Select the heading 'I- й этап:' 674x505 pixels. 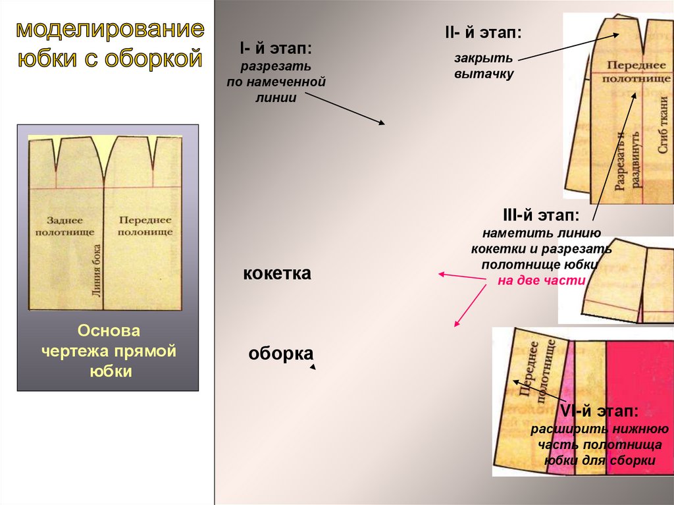tap(276, 48)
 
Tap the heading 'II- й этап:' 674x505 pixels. tap(484, 32)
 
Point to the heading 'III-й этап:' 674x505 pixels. tap(541, 215)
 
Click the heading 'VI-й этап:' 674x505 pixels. tap(599, 412)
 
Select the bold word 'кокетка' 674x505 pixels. tap(276, 273)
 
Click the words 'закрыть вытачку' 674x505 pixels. tap(483, 66)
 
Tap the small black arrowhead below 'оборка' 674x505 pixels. tap(313, 367)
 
